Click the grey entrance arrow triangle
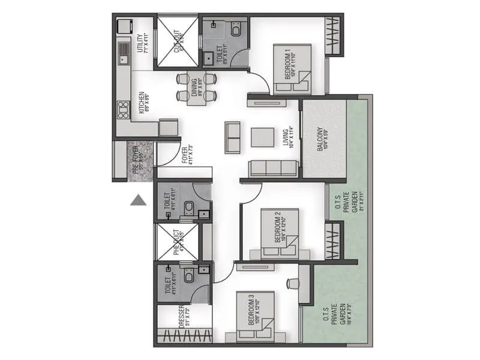tap(139, 200)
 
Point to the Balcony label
tap(323, 139)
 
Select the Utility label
tap(142, 44)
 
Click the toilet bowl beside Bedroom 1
tap(235, 29)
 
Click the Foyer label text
tap(187, 155)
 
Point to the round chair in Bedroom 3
tap(292, 283)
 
